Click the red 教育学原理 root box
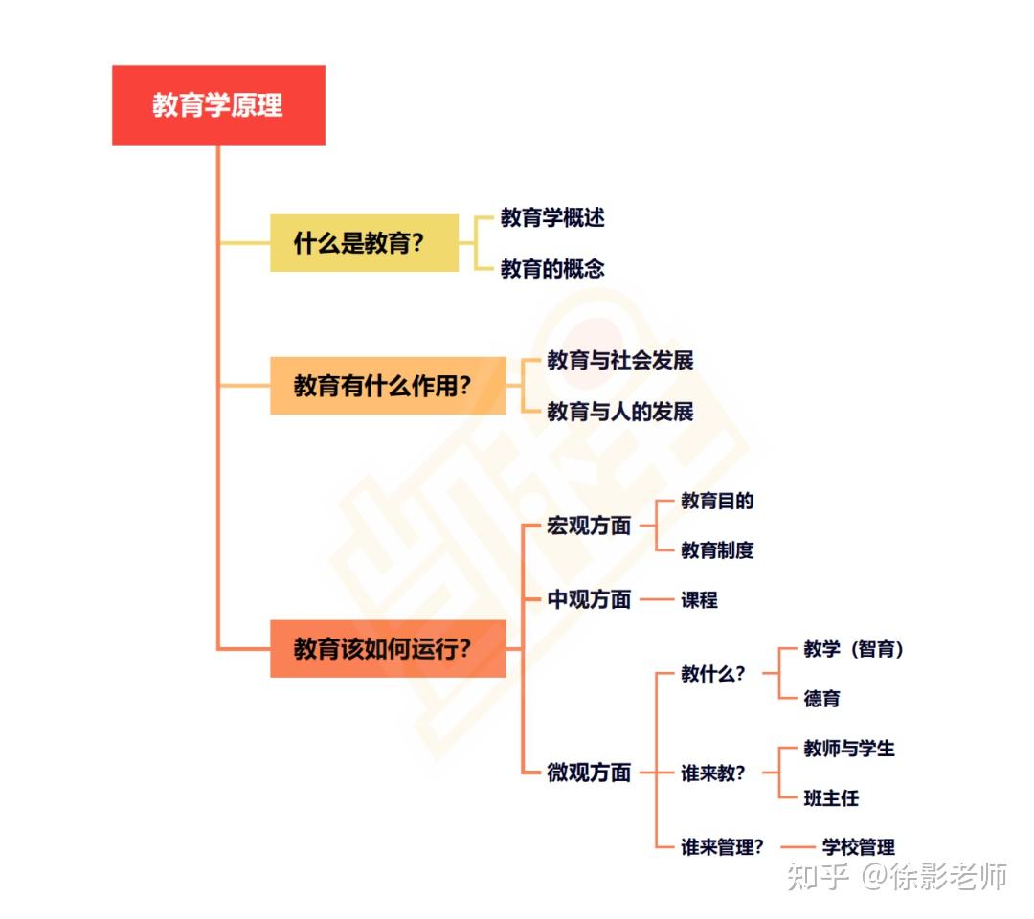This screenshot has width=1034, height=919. (x=218, y=105)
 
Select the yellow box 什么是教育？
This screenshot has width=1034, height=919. (x=364, y=243)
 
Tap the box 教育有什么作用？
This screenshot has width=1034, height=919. (x=388, y=386)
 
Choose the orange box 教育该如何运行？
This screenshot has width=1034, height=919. (x=388, y=649)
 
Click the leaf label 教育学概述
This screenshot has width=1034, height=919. (x=552, y=217)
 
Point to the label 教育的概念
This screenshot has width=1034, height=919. (x=552, y=269)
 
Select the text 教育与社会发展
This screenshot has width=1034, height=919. (x=620, y=361)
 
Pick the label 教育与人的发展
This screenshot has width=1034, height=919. (x=620, y=412)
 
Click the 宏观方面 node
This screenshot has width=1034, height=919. (x=589, y=526)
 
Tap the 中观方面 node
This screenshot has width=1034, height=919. (x=589, y=600)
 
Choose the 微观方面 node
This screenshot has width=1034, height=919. (x=589, y=773)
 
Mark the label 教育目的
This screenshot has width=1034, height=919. (x=717, y=501)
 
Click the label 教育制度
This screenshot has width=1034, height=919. (x=717, y=550)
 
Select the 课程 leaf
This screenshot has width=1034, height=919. (x=699, y=600)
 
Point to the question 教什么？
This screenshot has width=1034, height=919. (x=712, y=674)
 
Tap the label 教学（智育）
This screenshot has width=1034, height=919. (x=854, y=649)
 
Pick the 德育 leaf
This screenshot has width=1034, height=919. (x=821, y=699)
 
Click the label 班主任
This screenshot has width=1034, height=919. (x=831, y=797)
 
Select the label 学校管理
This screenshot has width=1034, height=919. (x=859, y=847)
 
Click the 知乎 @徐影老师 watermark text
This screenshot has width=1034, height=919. (x=896, y=875)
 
